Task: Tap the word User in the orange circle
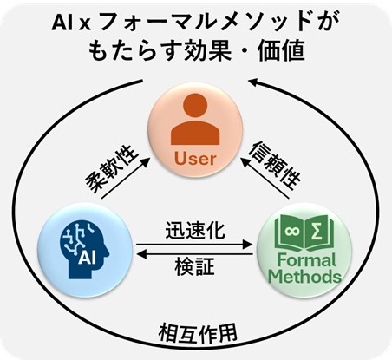point(195,159)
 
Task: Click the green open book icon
point(304,232)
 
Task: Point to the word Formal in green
point(307,260)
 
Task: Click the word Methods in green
point(304,276)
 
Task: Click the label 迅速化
point(195,231)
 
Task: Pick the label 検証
point(194,266)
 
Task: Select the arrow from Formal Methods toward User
point(265,178)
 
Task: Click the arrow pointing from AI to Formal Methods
point(194,245)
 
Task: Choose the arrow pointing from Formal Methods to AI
point(194,254)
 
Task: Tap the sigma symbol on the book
point(317,232)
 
